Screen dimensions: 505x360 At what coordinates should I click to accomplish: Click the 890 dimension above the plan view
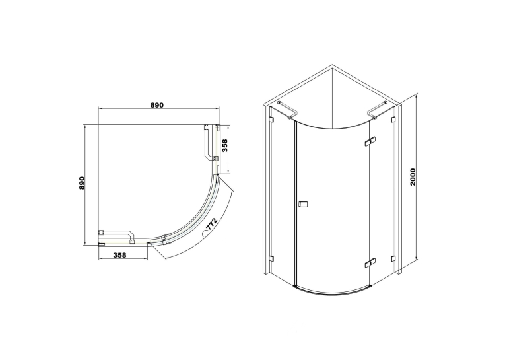coord(158,105)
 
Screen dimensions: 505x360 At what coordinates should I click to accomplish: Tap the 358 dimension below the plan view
coord(119,255)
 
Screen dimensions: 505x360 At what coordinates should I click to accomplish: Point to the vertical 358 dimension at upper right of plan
coord(225,146)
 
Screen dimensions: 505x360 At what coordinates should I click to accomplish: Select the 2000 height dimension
coord(413,176)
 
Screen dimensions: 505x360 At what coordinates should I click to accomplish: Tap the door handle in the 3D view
coord(303,204)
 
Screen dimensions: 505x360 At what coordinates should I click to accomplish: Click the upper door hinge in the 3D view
coord(370,141)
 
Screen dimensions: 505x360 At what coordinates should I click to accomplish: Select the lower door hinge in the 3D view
coord(370,262)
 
